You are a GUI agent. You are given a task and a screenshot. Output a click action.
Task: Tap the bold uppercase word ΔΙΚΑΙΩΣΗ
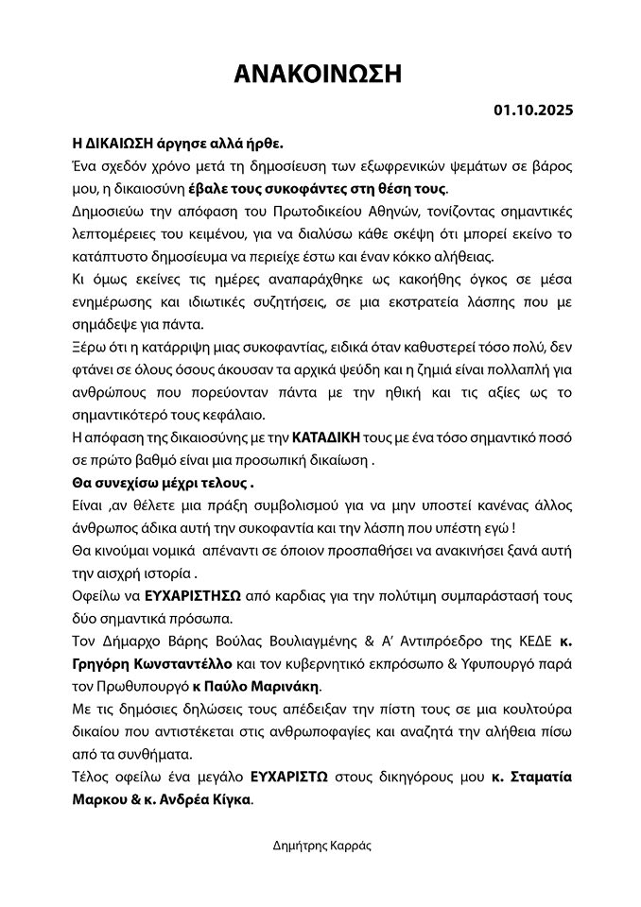pyautogui.click(x=118, y=145)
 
